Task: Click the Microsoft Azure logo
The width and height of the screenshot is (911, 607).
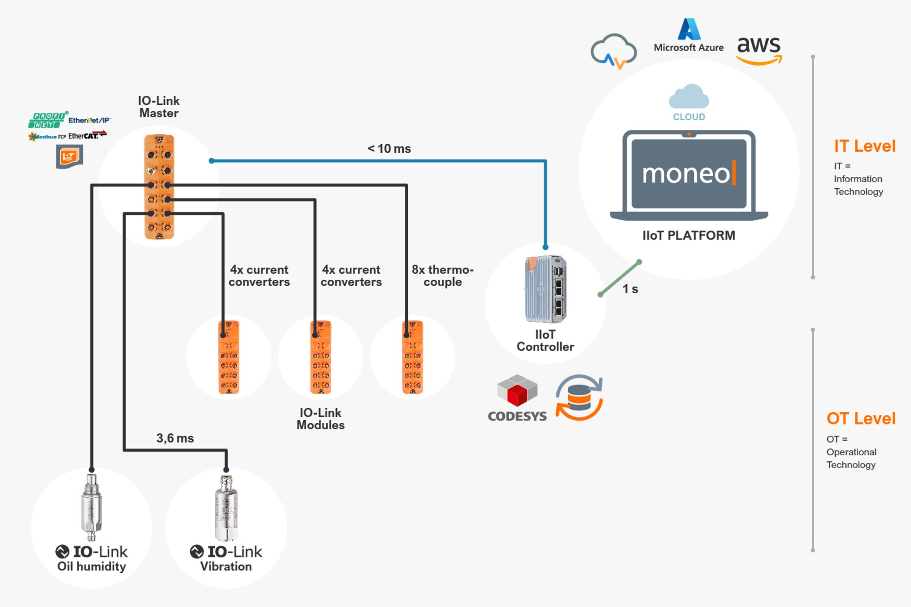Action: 689,35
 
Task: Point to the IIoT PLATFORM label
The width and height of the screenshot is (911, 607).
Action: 689,235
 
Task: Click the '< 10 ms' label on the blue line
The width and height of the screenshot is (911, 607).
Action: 389,149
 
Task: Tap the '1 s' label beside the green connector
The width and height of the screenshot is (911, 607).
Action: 630,289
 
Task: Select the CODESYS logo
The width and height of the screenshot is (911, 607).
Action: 517,398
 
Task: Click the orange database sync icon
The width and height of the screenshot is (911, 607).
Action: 579,398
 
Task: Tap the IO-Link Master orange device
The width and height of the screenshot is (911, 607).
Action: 159,187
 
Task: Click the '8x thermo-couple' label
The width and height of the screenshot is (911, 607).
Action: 442,276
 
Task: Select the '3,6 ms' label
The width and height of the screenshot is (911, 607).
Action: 175,438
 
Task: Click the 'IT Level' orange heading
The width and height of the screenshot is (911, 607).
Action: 865,146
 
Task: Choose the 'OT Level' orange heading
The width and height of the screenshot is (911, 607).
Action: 861,418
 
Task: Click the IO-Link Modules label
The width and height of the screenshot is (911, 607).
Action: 320,419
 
